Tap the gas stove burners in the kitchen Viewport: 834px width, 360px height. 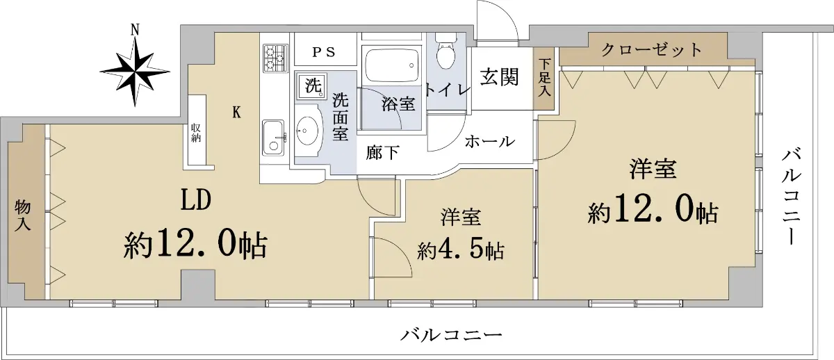coord(275,58)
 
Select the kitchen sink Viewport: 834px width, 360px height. coord(273,138)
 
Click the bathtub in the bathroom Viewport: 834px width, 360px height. coord(391,65)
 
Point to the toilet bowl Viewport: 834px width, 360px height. coord(445,53)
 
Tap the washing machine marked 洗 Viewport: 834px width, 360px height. coord(312,85)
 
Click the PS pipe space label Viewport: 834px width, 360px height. coord(324,53)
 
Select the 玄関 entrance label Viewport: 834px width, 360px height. coord(499,78)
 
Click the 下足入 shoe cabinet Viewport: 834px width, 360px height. coord(544,79)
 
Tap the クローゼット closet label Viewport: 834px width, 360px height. coord(652,49)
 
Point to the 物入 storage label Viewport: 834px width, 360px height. coord(22,215)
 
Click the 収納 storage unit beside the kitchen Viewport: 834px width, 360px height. coord(197,130)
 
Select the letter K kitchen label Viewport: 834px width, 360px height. coord(236,112)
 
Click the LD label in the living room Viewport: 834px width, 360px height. coord(196,199)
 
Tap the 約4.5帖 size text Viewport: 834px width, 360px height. coord(461,250)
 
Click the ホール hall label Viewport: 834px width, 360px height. coord(490,142)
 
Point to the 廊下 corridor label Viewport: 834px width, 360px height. coord(382,153)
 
